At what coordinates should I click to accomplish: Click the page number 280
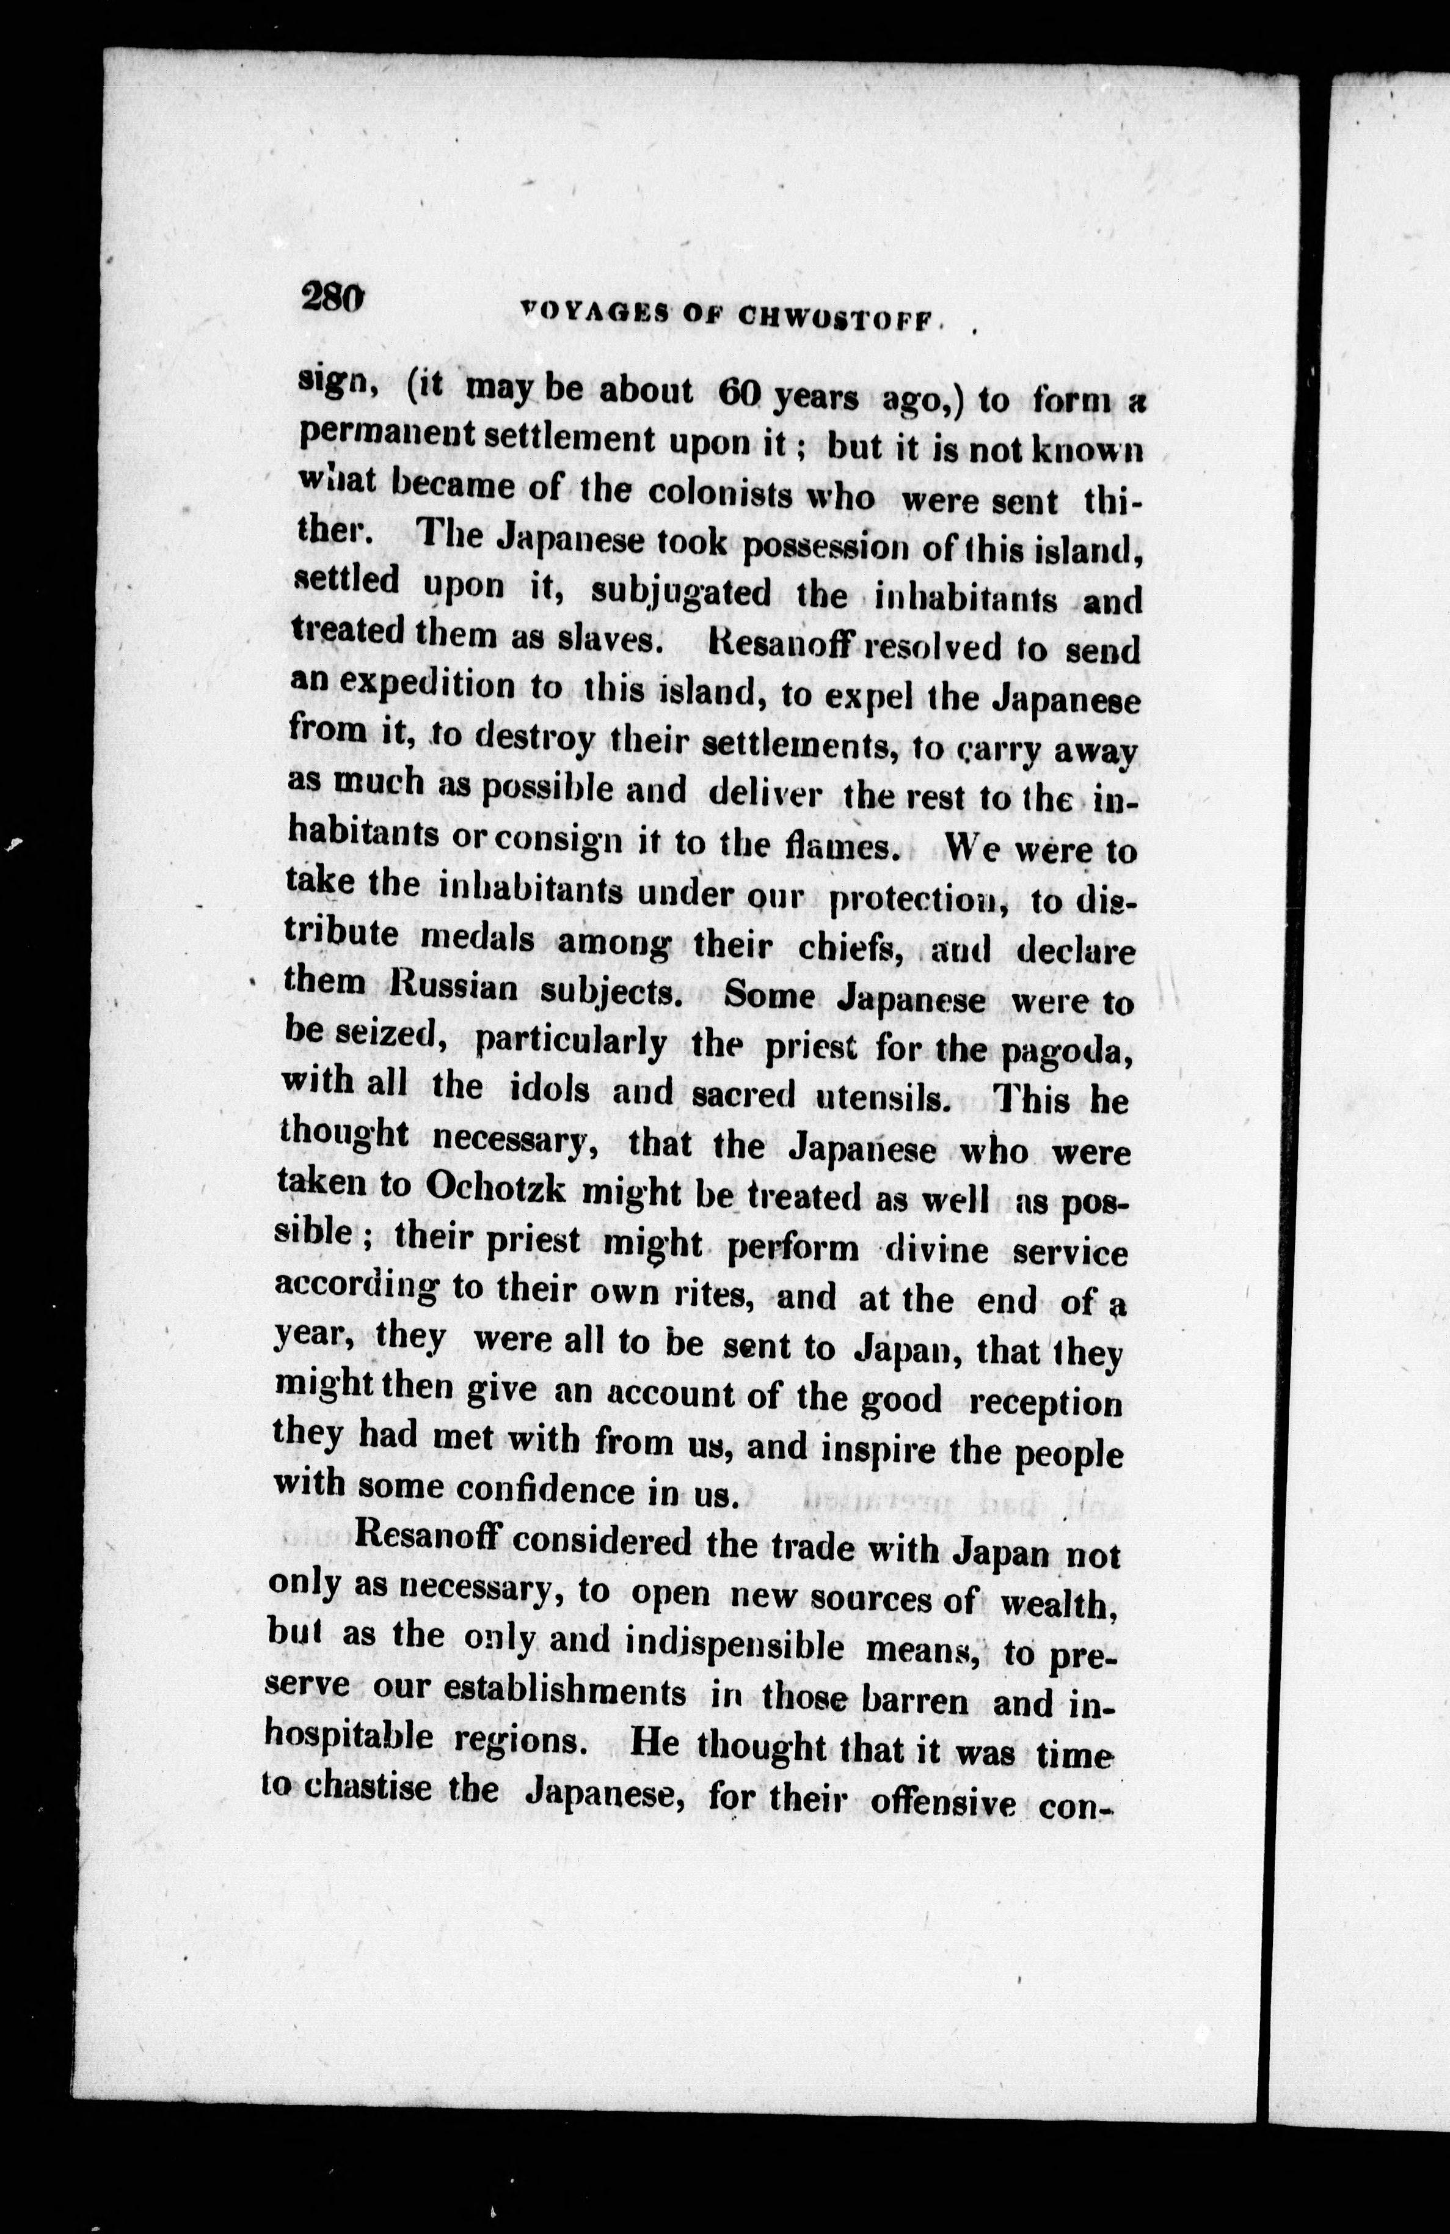pos(330,301)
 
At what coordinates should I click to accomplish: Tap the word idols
pos(549,1091)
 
